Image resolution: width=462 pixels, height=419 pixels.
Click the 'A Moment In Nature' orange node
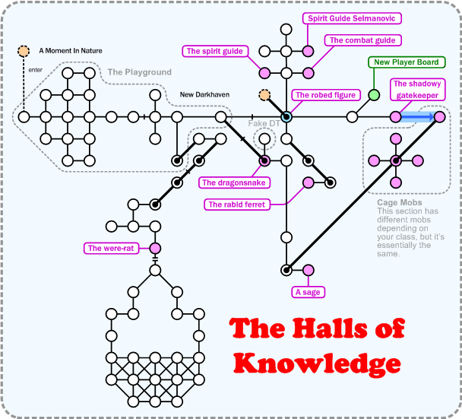[24, 52]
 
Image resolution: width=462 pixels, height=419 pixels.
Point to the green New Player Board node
[374, 95]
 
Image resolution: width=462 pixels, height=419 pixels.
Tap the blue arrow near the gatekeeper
[418, 117]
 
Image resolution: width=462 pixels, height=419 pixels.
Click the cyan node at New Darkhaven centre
[286, 117]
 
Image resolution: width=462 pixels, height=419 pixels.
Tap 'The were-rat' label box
[111, 248]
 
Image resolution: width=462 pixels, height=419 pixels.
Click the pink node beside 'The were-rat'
[155, 248]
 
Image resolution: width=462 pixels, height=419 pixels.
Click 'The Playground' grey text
[139, 72]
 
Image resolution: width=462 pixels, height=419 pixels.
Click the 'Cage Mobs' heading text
[396, 203]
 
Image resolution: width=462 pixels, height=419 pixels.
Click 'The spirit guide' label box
[215, 51]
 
